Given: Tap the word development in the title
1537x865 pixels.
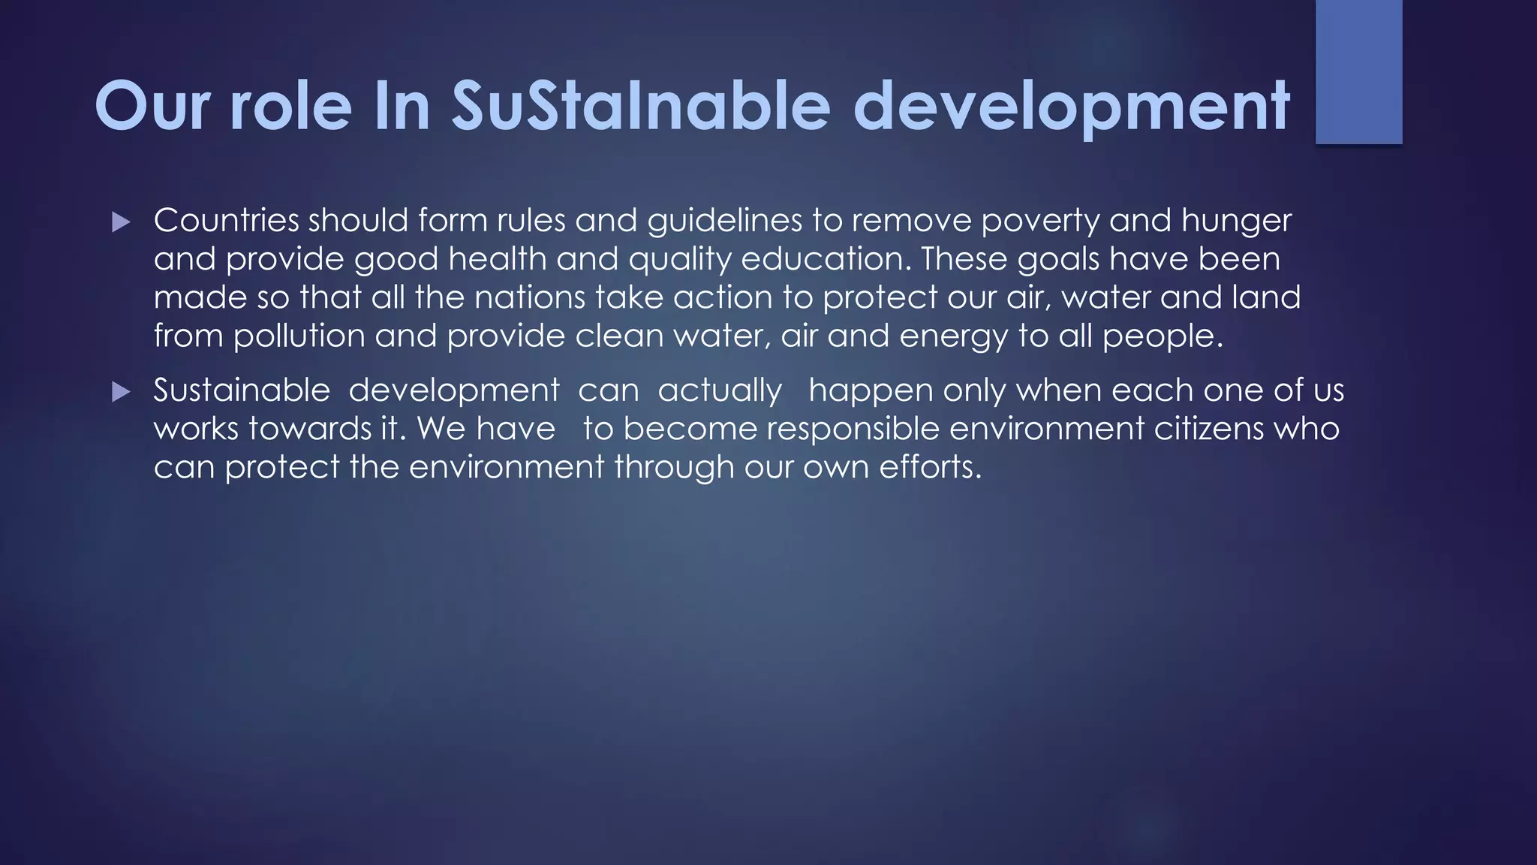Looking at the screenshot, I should [1071, 106].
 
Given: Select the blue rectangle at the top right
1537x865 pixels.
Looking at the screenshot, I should [1358, 71].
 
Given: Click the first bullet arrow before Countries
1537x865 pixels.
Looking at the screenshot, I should [121, 222].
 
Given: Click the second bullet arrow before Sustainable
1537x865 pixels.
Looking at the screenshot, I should [121, 392].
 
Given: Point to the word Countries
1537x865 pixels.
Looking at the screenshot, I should [226, 221].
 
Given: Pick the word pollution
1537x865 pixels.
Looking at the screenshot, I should [299, 336].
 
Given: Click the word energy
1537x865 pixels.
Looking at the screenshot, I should [953, 336].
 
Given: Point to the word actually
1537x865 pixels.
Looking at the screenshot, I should [720, 391].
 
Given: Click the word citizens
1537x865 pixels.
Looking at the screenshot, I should [1209, 429].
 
